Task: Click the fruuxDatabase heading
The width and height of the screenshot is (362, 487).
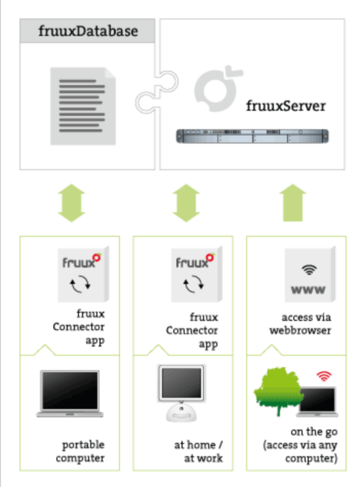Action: (x=88, y=31)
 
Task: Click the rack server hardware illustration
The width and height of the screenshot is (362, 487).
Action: (x=252, y=136)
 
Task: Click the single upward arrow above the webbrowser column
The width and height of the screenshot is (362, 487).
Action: (x=295, y=204)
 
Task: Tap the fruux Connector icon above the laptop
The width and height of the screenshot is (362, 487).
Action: (x=82, y=273)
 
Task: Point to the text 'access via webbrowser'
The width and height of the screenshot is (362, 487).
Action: (x=300, y=324)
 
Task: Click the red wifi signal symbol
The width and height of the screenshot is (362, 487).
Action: (x=325, y=376)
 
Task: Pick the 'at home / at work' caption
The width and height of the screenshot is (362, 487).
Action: (x=198, y=451)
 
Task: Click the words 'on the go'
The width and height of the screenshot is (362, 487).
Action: (x=311, y=432)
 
